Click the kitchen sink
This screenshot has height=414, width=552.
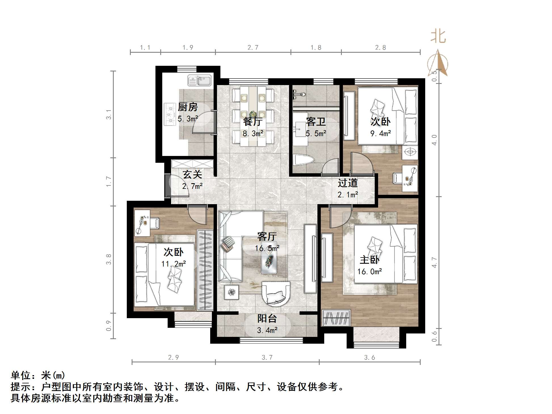(199, 80)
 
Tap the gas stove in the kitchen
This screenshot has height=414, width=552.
(170, 115)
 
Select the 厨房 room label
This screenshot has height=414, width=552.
(187, 107)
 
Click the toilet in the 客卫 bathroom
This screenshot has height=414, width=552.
(304, 160)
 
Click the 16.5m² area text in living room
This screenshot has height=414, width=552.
(267, 248)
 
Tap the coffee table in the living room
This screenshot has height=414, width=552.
(269, 257)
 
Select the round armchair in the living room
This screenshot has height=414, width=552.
(276, 294)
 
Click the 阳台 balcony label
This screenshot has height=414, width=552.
(267, 318)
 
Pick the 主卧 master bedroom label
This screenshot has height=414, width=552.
(369, 260)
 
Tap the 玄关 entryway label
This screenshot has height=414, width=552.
(192, 174)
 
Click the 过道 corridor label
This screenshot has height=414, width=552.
(347, 183)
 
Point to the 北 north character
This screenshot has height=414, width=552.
(438, 37)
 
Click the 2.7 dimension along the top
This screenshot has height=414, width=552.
(253, 47)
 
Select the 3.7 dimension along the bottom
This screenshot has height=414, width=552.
(267, 358)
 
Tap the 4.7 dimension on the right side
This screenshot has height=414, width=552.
(434, 262)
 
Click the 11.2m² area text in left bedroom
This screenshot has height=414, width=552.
(174, 264)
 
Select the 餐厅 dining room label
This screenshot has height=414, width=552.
(253, 122)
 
